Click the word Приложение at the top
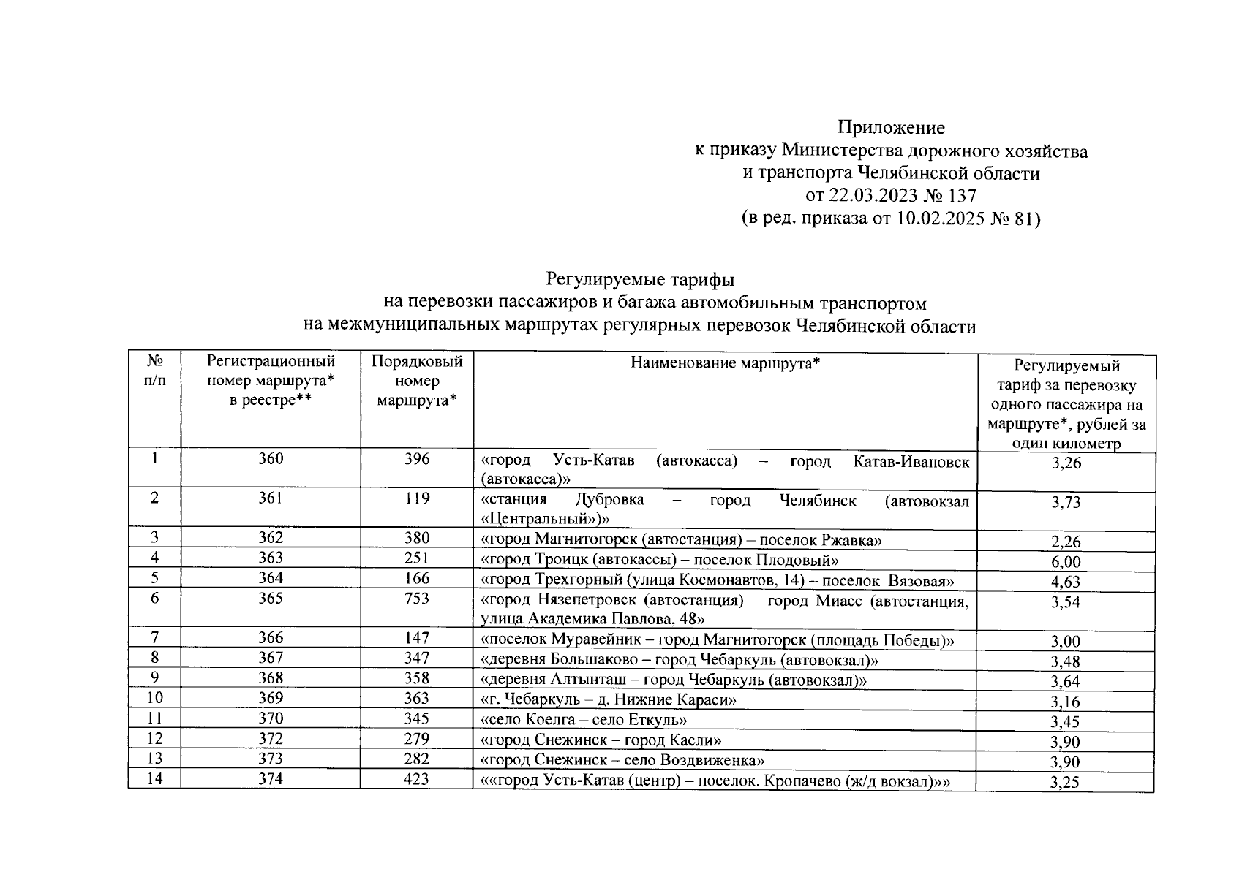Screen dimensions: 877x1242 [x=891, y=128]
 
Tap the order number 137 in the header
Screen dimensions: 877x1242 [x=961, y=195]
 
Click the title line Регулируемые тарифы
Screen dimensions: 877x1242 [x=640, y=279]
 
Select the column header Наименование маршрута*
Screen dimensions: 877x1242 [x=725, y=362]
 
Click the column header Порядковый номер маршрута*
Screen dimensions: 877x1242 [x=417, y=381]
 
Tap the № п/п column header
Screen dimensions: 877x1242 [x=154, y=371]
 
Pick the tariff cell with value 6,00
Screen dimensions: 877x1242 [x=1066, y=562]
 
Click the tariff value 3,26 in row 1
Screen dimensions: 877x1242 [x=1066, y=463]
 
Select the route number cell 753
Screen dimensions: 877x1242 [x=417, y=599]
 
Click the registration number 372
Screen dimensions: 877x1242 [x=271, y=739]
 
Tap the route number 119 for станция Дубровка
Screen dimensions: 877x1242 [x=417, y=499]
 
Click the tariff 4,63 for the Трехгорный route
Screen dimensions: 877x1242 [x=1066, y=582]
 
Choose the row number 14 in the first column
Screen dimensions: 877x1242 [x=154, y=779]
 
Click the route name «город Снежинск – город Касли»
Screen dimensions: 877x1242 [x=601, y=740]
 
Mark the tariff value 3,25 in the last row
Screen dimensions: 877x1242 [x=1066, y=783]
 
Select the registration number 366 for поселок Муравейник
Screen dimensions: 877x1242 [x=271, y=638]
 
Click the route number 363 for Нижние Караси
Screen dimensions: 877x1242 [x=417, y=699]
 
